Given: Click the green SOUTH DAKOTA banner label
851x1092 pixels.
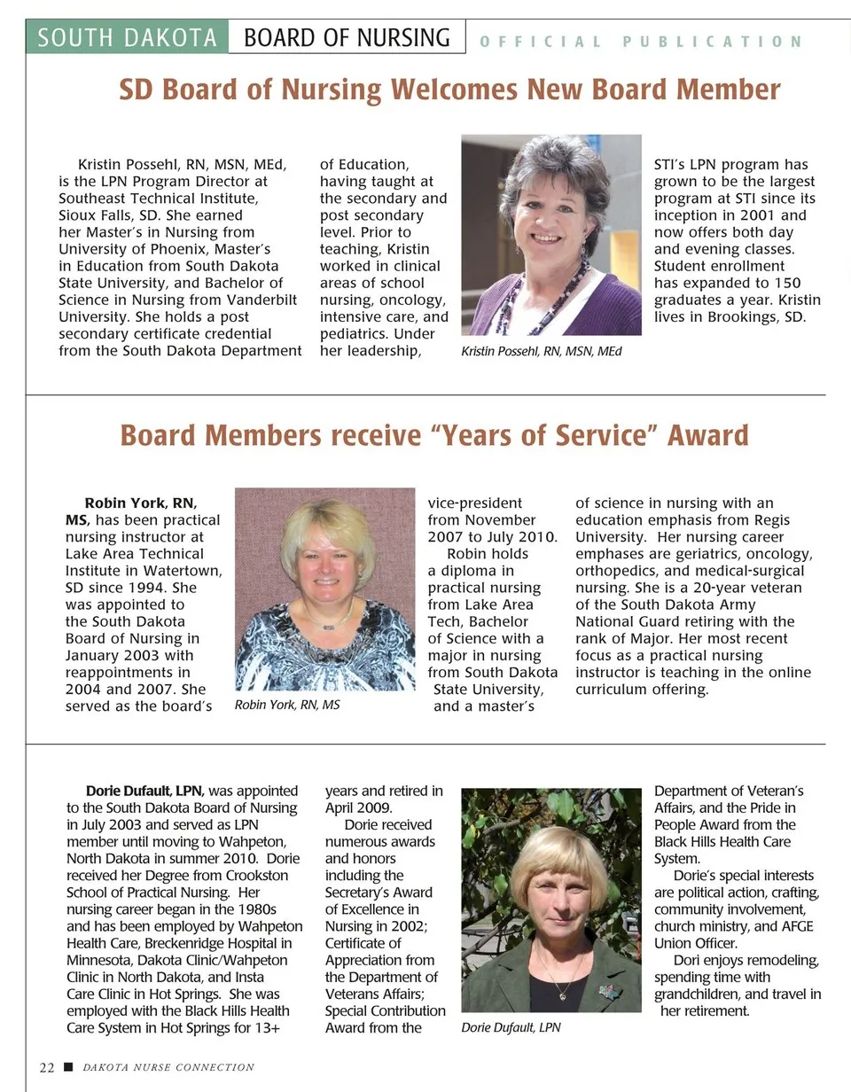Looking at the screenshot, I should [x=128, y=37].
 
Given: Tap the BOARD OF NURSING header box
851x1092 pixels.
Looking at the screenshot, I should [x=347, y=37].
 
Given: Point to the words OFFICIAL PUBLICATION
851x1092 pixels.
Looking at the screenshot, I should [x=640, y=42].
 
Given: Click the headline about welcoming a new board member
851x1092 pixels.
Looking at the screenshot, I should [x=449, y=90].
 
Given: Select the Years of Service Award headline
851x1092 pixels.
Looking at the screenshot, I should [x=433, y=435].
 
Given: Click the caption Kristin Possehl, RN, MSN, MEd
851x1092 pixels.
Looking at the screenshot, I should [x=542, y=352].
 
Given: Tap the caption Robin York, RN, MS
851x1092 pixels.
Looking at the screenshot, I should [x=287, y=705].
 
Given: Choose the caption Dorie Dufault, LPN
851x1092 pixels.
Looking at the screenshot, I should [x=511, y=1027].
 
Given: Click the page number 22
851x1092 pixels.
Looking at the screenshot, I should [x=47, y=1067].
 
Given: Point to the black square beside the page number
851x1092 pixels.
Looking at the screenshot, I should [x=68, y=1067].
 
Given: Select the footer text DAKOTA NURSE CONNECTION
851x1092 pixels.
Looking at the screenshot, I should [x=168, y=1067].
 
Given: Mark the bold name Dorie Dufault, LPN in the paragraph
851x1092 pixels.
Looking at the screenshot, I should [x=144, y=791].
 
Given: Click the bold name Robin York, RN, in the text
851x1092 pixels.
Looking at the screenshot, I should [x=141, y=503].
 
